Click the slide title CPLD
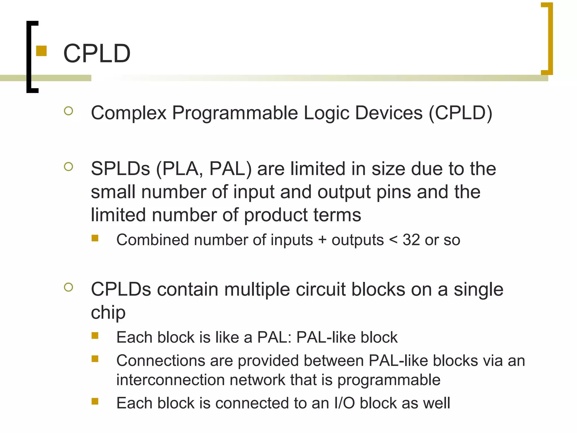click(x=97, y=53)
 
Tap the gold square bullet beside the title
click(x=41, y=51)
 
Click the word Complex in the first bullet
click(x=129, y=113)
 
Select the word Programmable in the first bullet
click(x=235, y=113)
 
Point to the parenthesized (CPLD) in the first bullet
click(x=460, y=113)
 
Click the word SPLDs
click(x=120, y=169)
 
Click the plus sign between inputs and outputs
click(x=322, y=240)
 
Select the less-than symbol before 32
click(x=393, y=240)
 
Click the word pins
click(x=394, y=192)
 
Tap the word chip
click(x=108, y=313)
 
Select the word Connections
click(x=161, y=361)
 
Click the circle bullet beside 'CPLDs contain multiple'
click(x=68, y=287)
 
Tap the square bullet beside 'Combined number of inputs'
click(x=95, y=238)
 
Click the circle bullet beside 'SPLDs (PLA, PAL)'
click(x=68, y=167)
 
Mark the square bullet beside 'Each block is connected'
click(x=95, y=401)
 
